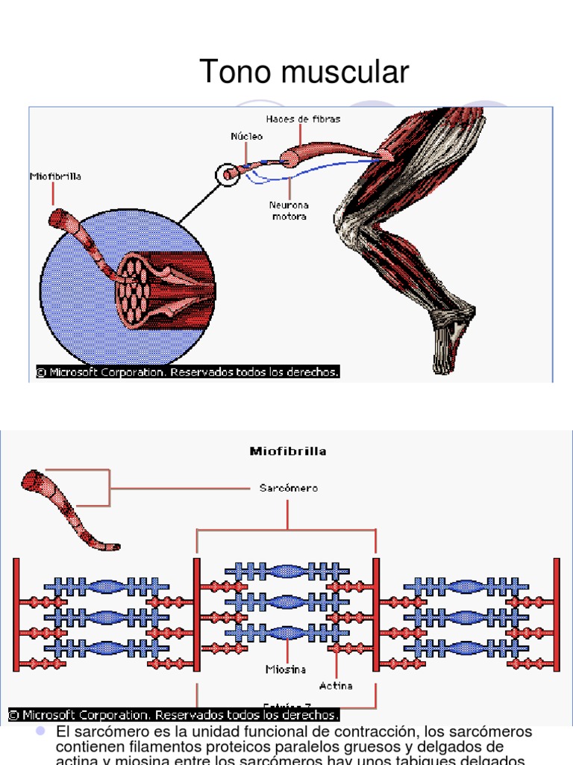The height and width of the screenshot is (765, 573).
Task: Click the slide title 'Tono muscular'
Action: [304, 72]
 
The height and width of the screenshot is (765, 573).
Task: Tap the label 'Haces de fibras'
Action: [303, 120]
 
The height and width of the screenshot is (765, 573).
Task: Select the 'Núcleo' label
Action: [246, 137]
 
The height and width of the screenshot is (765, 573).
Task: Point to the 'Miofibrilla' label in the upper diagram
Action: [55, 177]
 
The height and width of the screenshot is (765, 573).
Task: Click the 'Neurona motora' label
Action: [289, 211]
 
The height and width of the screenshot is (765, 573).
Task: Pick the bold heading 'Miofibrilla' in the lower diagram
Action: [287, 451]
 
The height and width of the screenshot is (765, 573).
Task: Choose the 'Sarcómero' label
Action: [288, 488]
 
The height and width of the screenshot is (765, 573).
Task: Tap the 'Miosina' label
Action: [286, 669]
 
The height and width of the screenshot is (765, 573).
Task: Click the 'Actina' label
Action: [336, 685]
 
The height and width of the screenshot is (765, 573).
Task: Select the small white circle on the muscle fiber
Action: [228, 175]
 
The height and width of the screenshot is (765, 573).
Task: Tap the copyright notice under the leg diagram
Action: [188, 371]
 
